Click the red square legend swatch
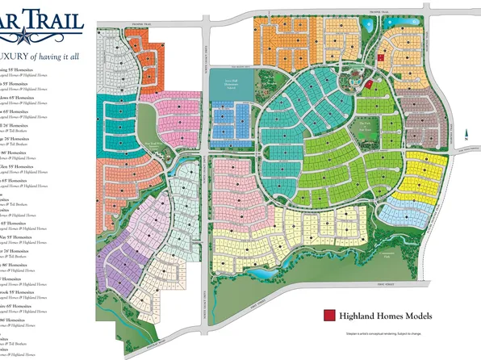tap(328, 316)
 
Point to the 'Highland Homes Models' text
tap(387, 316)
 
